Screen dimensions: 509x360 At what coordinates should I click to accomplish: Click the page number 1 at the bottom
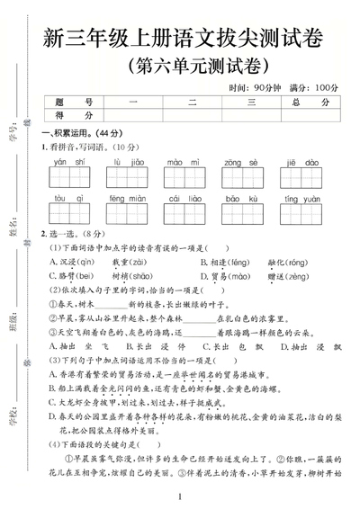[180, 496]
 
